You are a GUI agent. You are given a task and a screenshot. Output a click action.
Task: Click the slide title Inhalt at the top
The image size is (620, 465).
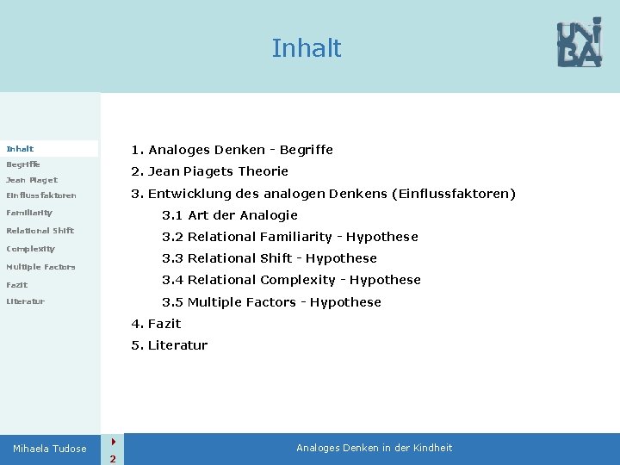[307, 48]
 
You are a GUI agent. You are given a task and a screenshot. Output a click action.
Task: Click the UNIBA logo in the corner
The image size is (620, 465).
[579, 43]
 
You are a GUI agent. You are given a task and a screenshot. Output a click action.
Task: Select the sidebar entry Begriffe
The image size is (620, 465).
[23, 164]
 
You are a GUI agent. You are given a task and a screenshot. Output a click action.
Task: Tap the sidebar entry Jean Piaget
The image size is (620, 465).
[32, 180]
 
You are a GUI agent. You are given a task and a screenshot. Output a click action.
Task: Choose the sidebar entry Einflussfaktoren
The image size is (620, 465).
[41, 195]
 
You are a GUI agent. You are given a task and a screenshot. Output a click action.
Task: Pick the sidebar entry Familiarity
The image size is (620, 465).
[29, 212]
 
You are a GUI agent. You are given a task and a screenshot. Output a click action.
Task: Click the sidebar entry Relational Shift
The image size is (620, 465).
[40, 230]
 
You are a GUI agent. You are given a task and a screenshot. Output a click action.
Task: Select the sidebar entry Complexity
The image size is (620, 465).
[30, 249]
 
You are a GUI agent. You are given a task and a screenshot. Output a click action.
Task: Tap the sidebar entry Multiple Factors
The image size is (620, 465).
[40, 267]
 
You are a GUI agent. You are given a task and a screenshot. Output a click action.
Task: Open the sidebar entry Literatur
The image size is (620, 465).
[25, 301]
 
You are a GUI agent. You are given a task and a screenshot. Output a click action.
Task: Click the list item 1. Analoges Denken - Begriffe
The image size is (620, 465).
[232, 150]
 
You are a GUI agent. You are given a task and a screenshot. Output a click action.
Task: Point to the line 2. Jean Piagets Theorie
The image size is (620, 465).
[209, 171]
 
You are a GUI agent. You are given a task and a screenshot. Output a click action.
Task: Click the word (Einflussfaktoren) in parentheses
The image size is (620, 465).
[453, 194]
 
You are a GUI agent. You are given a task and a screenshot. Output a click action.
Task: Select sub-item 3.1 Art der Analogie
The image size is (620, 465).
[230, 215]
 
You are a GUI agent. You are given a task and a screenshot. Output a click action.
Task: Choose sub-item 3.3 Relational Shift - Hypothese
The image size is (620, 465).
[270, 258]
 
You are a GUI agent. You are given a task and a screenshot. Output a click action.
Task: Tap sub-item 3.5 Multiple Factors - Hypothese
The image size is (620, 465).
[271, 302]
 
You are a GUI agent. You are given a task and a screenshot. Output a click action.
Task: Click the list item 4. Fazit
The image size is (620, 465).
[156, 324]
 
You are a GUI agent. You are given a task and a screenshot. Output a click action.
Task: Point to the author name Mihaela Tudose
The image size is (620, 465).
[50, 449]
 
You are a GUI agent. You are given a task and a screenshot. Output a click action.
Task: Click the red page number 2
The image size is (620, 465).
[112, 458]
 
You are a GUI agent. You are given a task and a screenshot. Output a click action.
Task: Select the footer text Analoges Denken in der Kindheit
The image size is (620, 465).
[374, 448]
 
